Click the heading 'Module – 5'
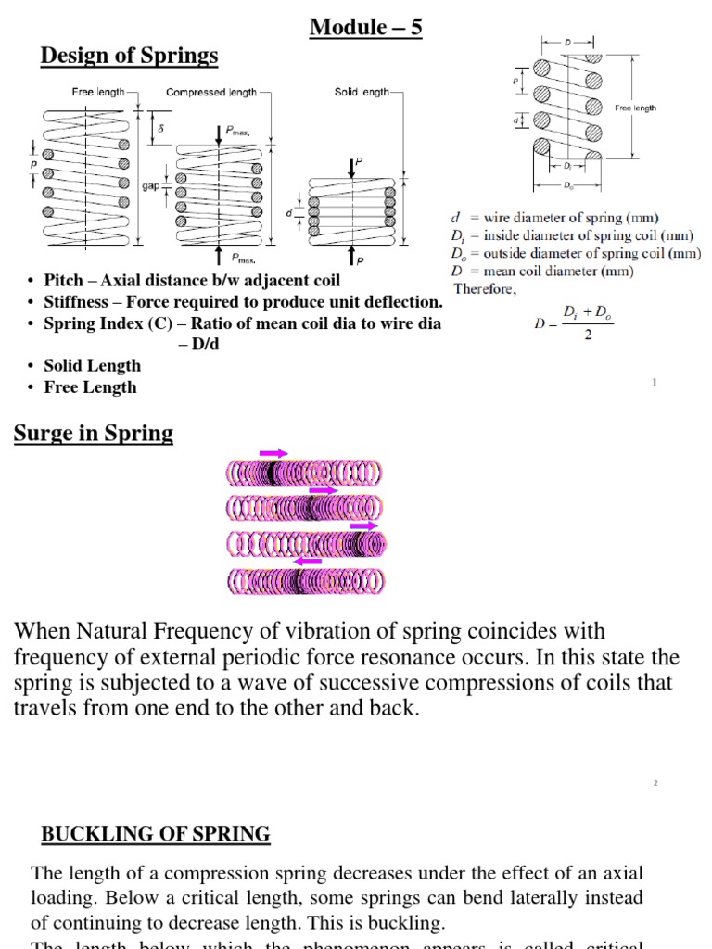tap(366, 28)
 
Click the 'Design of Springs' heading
tap(129, 56)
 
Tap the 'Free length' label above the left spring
tap(98, 92)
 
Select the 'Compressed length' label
tap(211, 92)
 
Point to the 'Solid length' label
tap(362, 92)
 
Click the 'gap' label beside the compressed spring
tap(150, 185)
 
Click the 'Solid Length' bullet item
tap(92, 366)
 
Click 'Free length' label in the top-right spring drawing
tap(635, 108)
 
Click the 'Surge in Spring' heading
tap(93, 434)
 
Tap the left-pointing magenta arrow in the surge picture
tap(307, 561)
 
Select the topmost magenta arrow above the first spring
tap(273, 453)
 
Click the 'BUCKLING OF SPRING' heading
tap(156, 834)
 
